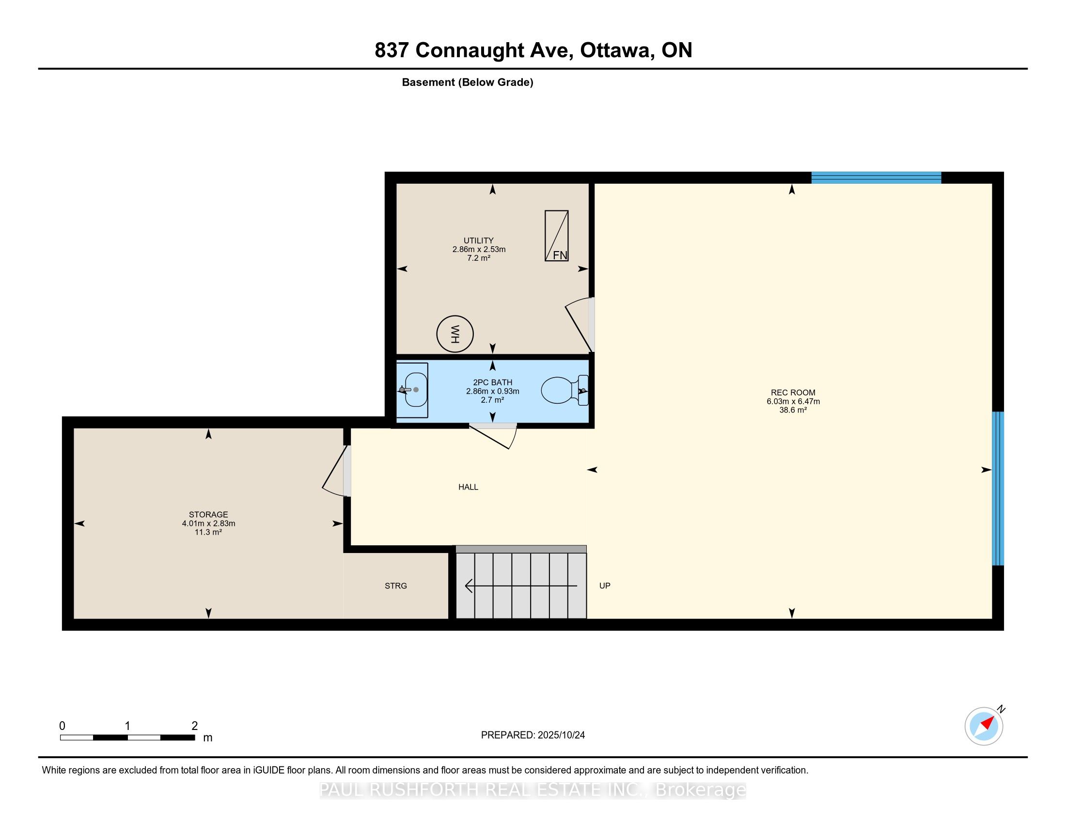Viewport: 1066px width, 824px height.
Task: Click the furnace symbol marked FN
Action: (x=556, y=236)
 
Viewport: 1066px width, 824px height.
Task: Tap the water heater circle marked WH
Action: (x=455, y=334)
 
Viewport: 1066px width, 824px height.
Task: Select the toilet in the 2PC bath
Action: (x=564, y=391)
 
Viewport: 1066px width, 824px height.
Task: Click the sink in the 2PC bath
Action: (x=413, y=390)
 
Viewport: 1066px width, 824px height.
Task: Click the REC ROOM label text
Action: (x=793, y=393)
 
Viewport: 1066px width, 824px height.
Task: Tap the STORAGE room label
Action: (x=208, y=514)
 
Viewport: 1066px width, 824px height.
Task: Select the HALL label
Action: (x=468, y=487)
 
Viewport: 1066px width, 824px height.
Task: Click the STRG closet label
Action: (x=395, y=586)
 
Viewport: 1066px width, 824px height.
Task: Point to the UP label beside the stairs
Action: (x=605, y=586)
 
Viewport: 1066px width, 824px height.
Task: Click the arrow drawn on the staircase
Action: (x=520, y=586)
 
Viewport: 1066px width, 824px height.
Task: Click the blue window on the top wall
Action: (x=876, y=178)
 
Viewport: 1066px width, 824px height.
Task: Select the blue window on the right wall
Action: (x=998, y=488)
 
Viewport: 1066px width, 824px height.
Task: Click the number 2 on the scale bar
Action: (x=194, y=726)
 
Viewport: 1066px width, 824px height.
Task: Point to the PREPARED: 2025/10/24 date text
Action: (x=533, y=735)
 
